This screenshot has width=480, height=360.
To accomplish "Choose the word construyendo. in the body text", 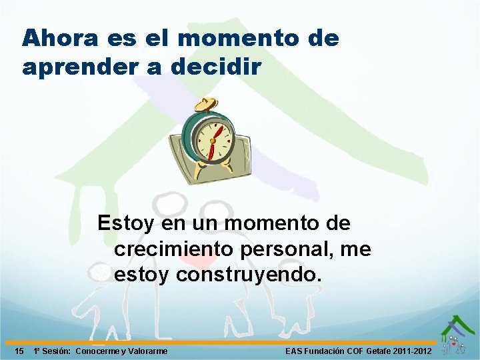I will (249, 274).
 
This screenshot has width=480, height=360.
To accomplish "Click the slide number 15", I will (20, 351).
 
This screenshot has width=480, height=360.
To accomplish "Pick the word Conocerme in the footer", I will (98, 351).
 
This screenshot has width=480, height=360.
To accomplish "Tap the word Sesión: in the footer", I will (55, 351).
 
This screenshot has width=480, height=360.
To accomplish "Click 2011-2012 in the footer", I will (413, 351).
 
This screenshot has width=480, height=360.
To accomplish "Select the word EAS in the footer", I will (294, 351).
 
